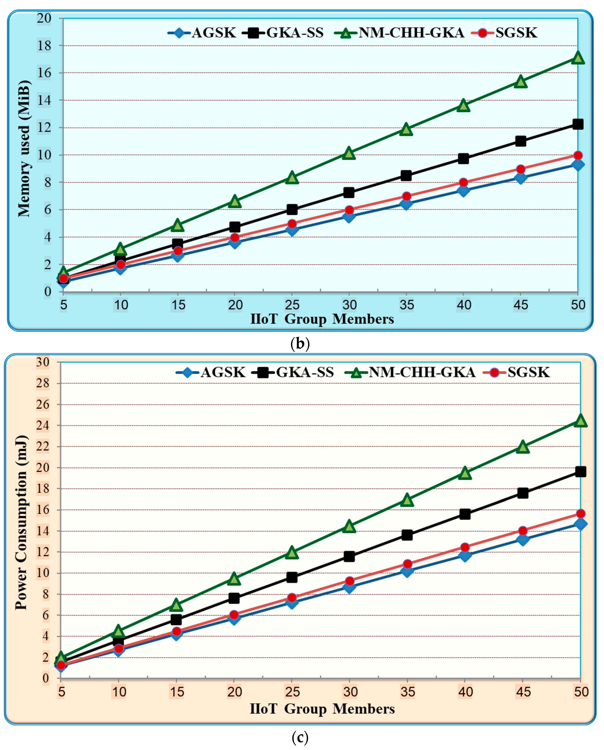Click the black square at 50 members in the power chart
[580, 472]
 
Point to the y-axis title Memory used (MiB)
[24, 149]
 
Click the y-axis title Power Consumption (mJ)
[22, 522]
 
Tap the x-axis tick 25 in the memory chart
[292, 305]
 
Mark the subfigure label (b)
[300, 344]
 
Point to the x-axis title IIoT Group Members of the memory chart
[322, 319]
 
